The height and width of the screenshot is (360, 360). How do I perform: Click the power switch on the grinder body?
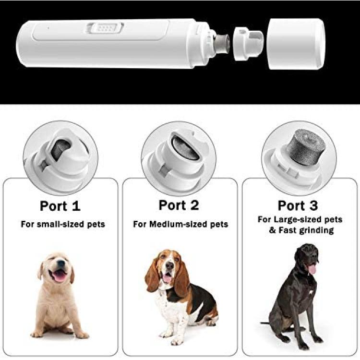coord(105,28)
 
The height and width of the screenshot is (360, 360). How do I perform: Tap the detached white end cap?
coord(296,44)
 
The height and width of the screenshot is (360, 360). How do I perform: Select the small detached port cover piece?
coord(248,43)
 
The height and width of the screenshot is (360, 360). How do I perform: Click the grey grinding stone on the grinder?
coord(221,44)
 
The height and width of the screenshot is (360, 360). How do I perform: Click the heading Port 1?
coord(60,206)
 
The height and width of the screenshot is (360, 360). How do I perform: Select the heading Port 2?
coord(179,205)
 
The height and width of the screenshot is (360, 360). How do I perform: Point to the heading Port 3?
coord(298,205)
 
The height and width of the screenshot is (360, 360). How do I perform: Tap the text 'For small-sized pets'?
coord(63,224)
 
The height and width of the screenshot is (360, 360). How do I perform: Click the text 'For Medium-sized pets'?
coord(180,224)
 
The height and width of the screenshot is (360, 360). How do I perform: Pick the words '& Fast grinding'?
coord(301,230)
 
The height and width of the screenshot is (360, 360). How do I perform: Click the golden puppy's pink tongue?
coord(60,276)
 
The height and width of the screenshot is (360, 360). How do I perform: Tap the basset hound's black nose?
coord(169,266)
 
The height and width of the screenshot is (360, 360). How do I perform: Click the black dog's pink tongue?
coord(312,269)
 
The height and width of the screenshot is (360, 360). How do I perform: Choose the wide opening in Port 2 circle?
coord(185,148)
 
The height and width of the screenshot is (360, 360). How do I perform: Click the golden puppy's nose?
coord(60,264)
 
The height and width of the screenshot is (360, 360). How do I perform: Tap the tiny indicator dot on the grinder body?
coord(48,28)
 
